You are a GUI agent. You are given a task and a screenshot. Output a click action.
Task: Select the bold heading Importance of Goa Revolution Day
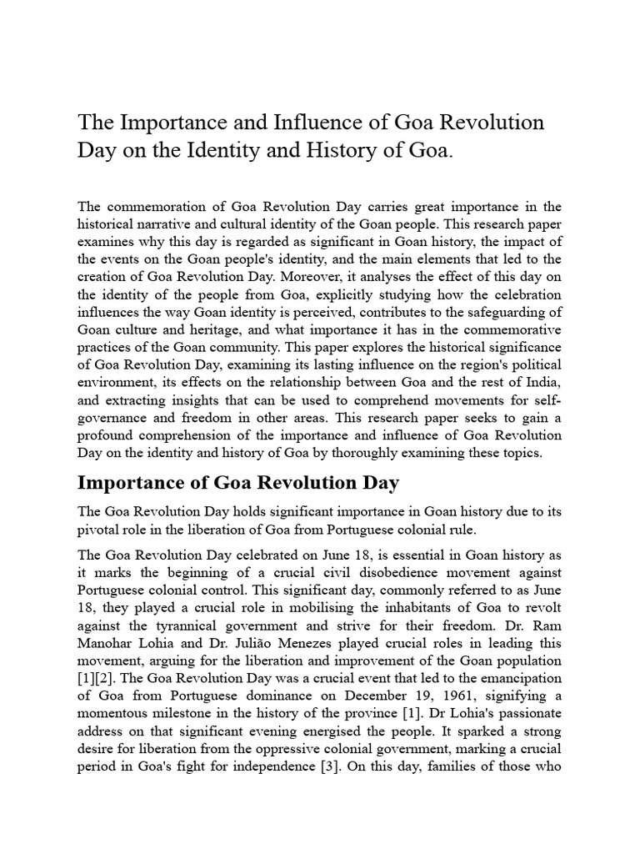pyautogui.click(x=238, y=483)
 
